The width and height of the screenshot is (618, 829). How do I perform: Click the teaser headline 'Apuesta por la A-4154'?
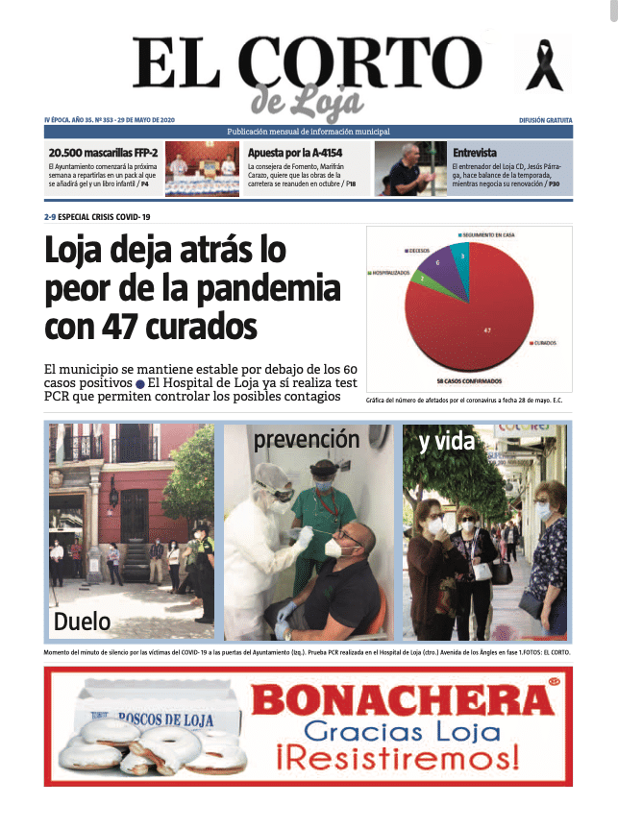(295, 153)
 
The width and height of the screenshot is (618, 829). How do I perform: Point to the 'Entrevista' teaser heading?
(475, 153)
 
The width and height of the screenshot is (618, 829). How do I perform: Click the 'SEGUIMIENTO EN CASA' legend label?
(491, 234)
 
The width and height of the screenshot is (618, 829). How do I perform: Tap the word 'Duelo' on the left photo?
(82, 621)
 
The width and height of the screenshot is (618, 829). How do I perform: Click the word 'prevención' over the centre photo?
(306, 440)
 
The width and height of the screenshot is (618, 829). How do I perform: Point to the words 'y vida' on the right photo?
(448, 442)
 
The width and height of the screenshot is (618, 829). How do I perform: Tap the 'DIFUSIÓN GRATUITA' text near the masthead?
(545, 120)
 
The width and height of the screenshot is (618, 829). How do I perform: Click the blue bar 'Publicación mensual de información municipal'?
(309, 132)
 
